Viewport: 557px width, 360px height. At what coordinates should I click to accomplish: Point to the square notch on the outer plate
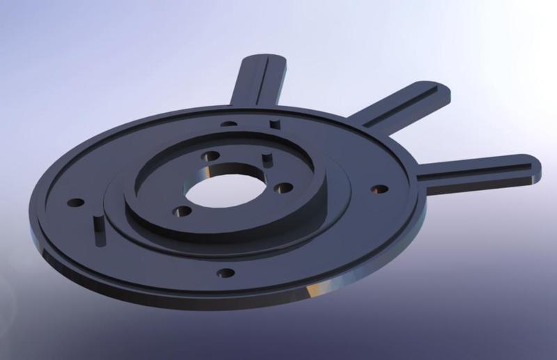(x=272, y=124)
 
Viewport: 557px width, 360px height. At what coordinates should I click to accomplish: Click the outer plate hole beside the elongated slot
(x=76, y=203)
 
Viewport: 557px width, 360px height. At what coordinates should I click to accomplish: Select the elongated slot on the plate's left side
(x=98, y=230)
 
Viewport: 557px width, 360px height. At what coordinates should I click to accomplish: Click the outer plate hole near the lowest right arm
(x=379, y=188)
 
